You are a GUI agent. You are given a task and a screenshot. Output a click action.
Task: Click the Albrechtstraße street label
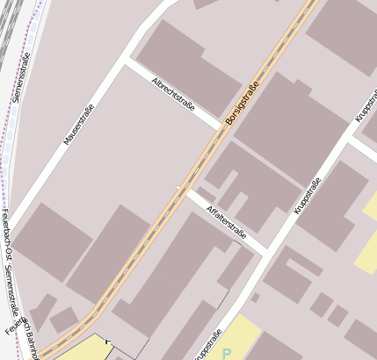point(173,94)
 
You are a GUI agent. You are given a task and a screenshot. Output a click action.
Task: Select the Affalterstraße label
point(225,223)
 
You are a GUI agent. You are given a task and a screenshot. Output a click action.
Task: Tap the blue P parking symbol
point(227,353)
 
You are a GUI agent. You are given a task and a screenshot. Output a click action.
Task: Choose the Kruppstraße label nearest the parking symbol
point(207,345)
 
